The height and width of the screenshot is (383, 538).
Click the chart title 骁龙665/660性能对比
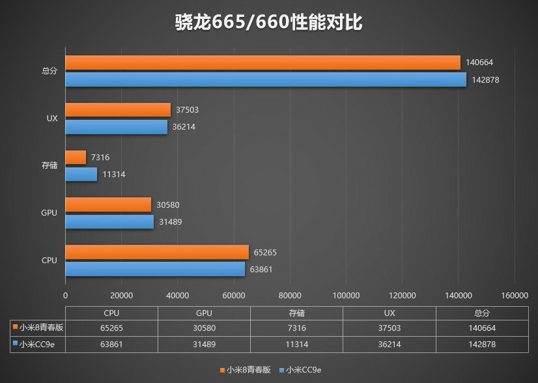coord(268,23)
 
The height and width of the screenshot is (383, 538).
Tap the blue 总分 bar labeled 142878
coord(266,79)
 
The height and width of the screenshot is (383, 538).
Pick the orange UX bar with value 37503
coord(118,110)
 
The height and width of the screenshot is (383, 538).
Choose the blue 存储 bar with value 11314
coord(81,175)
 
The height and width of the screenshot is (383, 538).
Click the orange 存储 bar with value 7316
coord(76,157)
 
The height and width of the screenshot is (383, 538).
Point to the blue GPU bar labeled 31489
coord(109,222)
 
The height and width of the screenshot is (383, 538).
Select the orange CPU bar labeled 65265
coord(157,252)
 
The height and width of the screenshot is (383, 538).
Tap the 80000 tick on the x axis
coord(290,296)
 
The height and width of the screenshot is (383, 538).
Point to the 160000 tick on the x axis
coord(515,296)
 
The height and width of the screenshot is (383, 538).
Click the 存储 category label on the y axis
coord(50,166)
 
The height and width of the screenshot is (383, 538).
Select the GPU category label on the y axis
coord(50,213)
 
